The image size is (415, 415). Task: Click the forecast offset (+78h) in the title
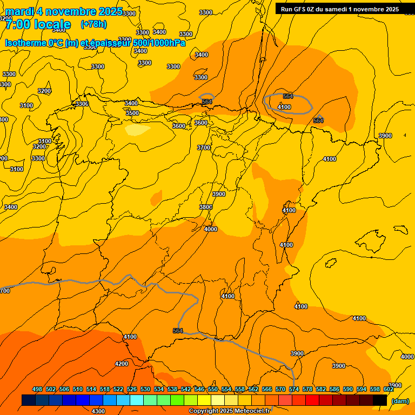coord(93,24)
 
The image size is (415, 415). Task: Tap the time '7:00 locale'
coord(38,24)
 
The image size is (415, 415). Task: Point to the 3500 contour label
coord(132,113)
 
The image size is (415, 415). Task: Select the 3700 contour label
coord(204,148)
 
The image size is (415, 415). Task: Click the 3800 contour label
coord(205,207)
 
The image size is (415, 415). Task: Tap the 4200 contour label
coord(122,364)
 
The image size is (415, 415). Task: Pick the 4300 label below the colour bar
coord(98,411)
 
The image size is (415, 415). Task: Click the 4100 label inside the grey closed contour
coord(284,108)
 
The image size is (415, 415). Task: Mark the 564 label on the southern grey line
coord(178,331)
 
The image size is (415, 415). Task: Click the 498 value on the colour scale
coord(37,389)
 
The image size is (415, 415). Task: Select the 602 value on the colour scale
coord(389,389)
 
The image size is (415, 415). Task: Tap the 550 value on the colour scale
coord(213,389)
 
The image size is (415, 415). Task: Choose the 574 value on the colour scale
coord(294,389)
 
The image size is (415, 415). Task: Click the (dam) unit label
coord(400,401)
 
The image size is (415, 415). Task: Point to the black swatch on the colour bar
coord(380,400)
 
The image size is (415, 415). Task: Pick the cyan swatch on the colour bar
coord(136,400)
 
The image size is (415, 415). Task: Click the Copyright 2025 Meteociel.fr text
coord(229,411)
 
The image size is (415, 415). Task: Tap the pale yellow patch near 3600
coord(137,130)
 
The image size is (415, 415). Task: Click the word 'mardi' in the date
coord(19,11)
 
